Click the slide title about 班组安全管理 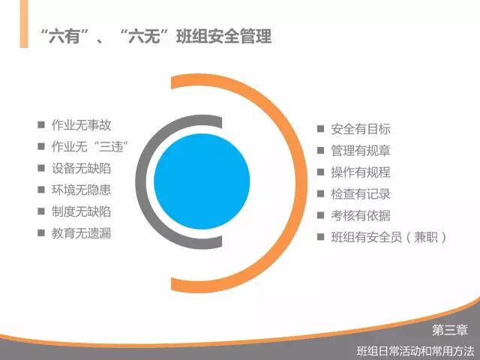tap(154, 35)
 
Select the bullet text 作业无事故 tap(80, 125)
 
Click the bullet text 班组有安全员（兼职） tap(389, 238)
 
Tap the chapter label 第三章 tap(450, 329)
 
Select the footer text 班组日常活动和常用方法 tap(415, 349)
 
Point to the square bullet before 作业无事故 tap(40, 125)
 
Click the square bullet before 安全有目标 tap(320, 129)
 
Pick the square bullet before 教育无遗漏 tap(40, 233)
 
